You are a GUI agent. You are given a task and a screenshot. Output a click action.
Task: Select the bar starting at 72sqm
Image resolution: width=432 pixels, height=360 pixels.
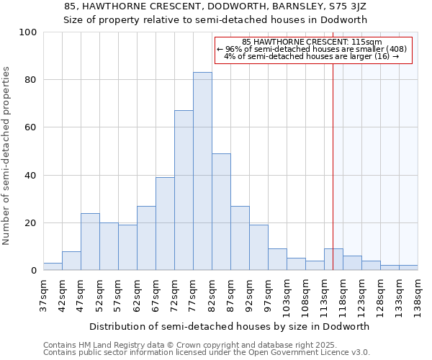184,190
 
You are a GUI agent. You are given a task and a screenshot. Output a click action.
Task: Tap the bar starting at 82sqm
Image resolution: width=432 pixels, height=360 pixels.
221,212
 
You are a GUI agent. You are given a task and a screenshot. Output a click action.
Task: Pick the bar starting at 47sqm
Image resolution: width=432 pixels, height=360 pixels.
90,242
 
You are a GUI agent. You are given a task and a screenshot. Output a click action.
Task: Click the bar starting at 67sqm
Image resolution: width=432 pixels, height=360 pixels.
165,224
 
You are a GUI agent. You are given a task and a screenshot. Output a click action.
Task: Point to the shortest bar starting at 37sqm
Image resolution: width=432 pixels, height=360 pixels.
53,266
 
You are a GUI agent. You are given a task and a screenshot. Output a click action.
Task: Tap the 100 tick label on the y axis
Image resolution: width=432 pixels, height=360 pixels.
29,32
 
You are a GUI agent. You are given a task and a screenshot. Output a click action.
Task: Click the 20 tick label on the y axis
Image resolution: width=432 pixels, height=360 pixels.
31,223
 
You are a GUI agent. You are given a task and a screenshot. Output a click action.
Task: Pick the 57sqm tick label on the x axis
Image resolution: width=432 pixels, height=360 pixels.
119,292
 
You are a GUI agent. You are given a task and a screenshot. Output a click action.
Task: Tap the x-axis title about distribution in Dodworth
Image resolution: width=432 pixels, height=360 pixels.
230,326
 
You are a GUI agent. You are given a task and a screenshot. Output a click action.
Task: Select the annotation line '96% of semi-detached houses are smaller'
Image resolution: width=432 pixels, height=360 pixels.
312,49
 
